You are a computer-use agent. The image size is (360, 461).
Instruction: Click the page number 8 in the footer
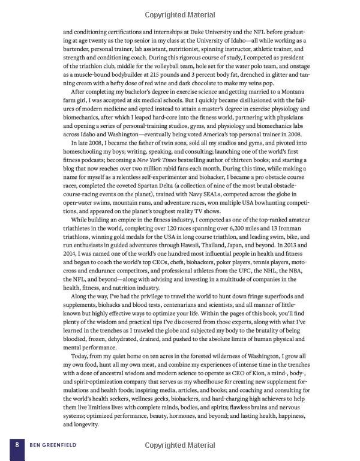(19, 445)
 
